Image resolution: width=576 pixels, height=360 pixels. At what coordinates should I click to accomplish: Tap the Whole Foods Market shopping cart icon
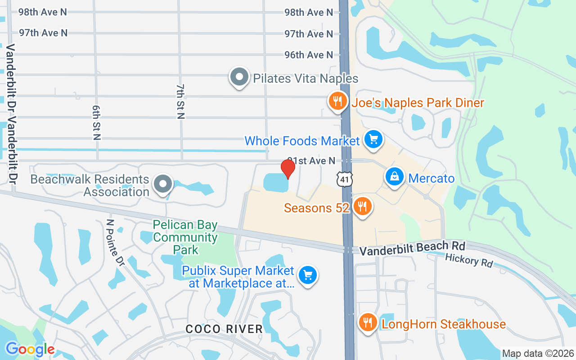(x=373, y=139)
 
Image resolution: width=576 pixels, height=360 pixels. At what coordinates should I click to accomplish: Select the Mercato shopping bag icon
(x=395, y=177)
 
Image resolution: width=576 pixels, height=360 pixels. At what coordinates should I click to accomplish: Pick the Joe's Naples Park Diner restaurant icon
(x=337, y=101)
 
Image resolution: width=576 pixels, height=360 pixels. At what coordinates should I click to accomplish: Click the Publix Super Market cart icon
(x=308, y=274)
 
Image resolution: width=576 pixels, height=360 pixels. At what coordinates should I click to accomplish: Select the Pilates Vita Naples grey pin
(x=239, y=77)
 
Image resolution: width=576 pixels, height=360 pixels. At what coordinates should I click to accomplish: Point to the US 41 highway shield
(x=345, y=179)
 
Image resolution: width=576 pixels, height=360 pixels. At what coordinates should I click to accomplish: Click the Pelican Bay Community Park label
(x=185, y=237)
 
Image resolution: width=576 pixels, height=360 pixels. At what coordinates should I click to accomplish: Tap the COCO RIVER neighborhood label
(x=224, y=329)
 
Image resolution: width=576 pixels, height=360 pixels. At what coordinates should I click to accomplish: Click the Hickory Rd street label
(x=469, y=260)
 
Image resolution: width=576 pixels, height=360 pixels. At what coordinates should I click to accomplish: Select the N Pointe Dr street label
(x=115, y=242)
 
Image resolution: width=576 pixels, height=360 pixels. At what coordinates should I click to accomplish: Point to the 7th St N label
(x=181, y=101)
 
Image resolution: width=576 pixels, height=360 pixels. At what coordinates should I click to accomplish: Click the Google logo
(x=30, y=350)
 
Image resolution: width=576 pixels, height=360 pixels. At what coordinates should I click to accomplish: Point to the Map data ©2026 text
(x=538, y=354)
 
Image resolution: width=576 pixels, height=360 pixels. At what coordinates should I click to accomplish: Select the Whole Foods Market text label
(x=302, y=141)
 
